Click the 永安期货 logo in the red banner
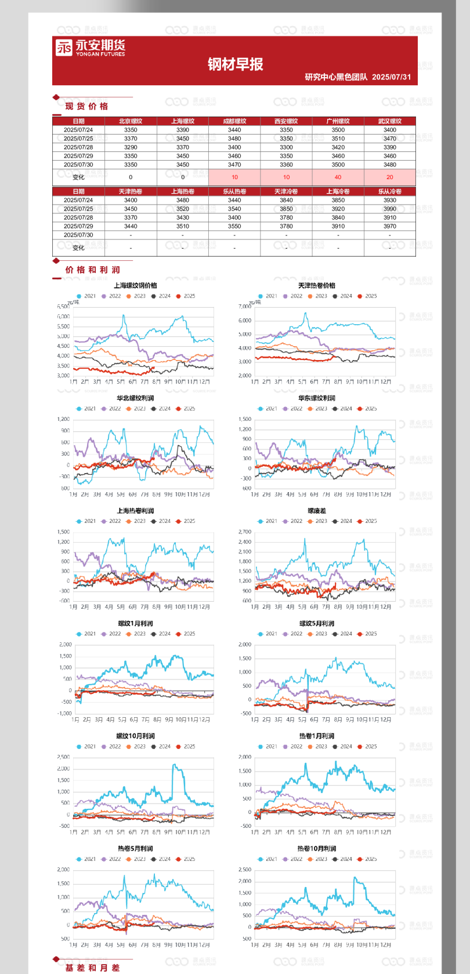[90, 48]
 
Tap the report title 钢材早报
[236, 64]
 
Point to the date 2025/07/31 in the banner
[391, 77]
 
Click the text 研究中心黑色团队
[336, 77]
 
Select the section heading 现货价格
[86, 106]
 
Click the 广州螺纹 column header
[338, 121]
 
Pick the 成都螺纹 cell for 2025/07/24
[234, 130]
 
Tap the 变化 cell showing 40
[338, 177]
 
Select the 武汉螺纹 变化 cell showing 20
[389, 177]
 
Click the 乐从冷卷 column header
[389, 191]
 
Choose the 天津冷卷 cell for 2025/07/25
[286, 209]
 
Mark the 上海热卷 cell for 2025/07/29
[183, 226]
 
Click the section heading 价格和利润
[92, 270]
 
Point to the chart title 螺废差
[317, 511]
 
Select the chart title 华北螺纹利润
[135, 398]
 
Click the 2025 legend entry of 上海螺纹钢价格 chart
[186, 296]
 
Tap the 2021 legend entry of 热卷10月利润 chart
[268, 859]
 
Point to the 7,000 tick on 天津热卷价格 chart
[244, 307]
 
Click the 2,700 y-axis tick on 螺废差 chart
[244, 532]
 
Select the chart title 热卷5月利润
[135, 848]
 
